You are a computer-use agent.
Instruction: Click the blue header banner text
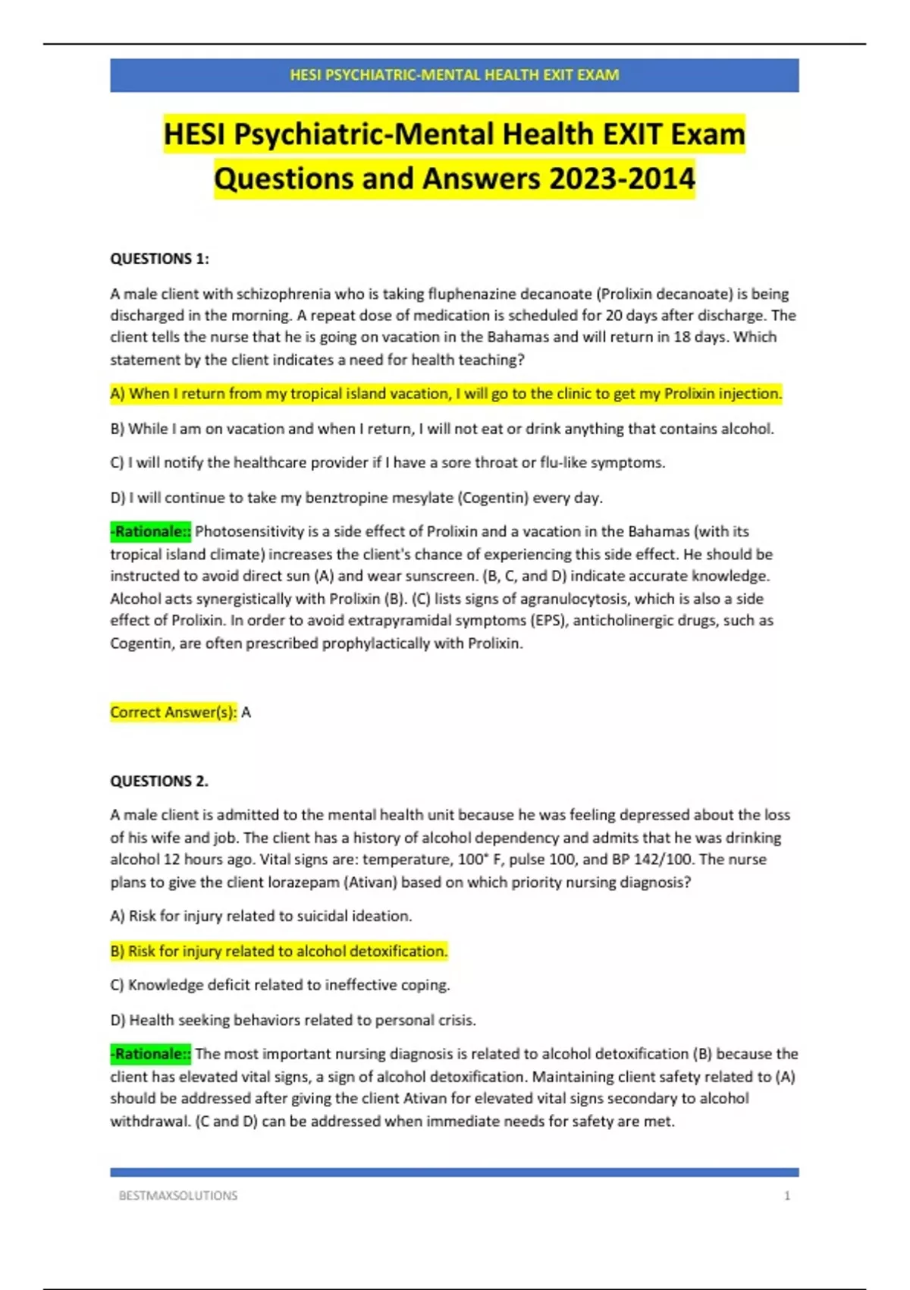(x=454, y=75)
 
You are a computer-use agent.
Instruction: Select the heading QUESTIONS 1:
(x=159, y=259)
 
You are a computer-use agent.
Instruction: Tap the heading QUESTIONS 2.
(x=159, y=781)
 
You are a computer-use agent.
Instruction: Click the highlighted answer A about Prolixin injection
(x=446, y=394)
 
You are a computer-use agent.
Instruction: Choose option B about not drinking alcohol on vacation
(x=442, y=429)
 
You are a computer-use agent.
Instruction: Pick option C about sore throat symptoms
(x=388, y=463)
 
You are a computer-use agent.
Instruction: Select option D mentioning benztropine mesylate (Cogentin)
(x=356, y=498)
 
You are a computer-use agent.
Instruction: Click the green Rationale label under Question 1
(x=151, y=532)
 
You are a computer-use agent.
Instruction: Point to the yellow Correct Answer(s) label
(x=174, y=713)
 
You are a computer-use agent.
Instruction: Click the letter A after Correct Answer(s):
(x=246, y=713)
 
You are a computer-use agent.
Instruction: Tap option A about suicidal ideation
(x=261, y=916)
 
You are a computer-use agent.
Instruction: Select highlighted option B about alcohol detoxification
(x=279, y=951)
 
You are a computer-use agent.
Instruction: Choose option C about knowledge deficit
(x=280, y=985)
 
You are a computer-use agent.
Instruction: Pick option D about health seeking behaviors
(x=293, y=1020)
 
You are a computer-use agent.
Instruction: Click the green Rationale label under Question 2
(x=151, y=1054)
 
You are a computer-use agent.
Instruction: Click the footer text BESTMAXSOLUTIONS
(x=178, y=1195)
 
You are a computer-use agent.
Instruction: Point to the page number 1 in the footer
(x=787, y=1195)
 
